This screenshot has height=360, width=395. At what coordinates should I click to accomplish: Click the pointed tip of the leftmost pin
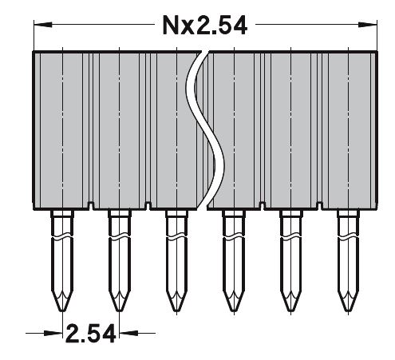(62, 311)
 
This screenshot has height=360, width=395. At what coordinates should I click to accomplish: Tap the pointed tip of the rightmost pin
(349, 311)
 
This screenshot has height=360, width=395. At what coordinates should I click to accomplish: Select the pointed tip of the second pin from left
(120, 311)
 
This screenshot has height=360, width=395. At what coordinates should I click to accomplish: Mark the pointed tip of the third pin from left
(177, 311)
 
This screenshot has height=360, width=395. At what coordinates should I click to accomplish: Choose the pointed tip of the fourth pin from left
(234, 311)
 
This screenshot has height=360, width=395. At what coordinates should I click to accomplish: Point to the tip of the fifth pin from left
(291, 311)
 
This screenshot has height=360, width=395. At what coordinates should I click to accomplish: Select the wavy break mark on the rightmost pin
(349, 238)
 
